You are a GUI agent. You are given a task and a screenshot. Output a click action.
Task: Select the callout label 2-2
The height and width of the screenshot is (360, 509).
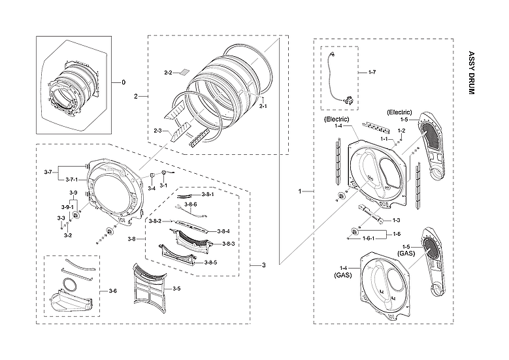tap(167, 72)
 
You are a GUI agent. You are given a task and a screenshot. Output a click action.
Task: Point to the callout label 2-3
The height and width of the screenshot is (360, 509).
tap(157, 131)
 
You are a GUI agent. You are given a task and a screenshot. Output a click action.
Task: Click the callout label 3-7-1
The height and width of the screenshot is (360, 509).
tap(70, 179)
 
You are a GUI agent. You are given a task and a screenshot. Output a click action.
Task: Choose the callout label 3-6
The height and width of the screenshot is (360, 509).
tap(112, 290)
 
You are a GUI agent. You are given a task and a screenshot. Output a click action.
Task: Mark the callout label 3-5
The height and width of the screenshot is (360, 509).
tap(176, 288)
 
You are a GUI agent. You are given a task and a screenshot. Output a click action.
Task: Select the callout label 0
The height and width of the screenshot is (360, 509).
tap(122, 83)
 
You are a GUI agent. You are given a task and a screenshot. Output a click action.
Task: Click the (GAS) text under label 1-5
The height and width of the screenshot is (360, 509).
tap(406, 252)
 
